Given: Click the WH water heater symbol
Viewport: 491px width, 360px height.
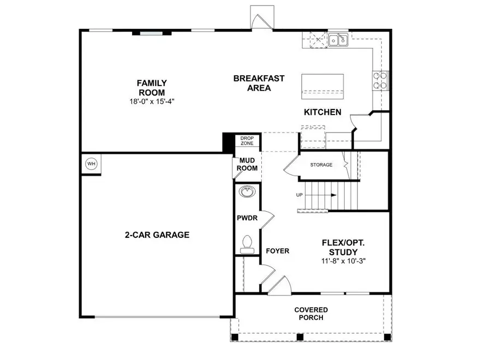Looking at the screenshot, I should pos(91,164).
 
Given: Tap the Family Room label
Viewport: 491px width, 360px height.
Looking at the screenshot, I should pos(152,87).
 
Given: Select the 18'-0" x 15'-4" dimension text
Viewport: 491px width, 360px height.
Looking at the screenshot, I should pos(152,101).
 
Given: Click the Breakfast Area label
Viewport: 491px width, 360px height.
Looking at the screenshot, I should pos(259,83).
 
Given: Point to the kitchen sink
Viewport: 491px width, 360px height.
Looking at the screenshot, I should pos(338,40).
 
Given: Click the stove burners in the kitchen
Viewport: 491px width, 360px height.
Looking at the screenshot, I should pos(380,81).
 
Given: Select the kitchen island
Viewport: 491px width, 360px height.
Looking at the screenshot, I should pos(322,86).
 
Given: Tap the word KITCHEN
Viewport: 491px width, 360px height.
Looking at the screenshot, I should pos(322,112).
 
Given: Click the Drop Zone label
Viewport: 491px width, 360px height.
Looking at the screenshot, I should pos(247,141).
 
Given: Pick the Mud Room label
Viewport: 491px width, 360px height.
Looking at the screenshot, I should pos(247,164).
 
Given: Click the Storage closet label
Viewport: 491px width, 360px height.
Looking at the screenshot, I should pos(321,165).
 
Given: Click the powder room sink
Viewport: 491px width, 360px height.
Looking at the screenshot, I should pos(248,191).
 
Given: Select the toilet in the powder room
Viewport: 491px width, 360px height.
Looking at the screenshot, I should pos(247,243).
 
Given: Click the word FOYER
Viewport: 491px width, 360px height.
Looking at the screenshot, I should pos(277,251).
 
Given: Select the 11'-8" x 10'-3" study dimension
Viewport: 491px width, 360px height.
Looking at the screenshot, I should pos(343,261).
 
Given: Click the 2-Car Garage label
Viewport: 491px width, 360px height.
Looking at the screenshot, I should pos(157,235).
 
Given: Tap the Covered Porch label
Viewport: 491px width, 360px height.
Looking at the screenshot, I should pos(311,314).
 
